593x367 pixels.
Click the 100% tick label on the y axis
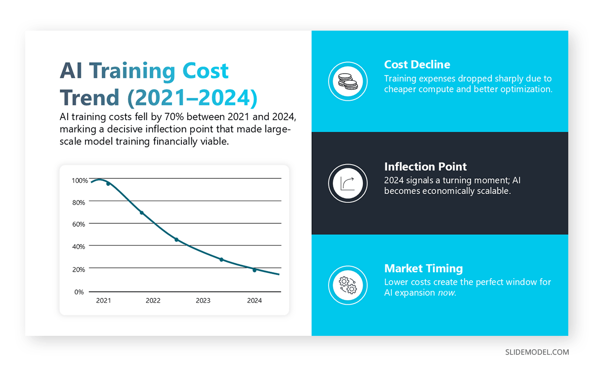tap(80, 180)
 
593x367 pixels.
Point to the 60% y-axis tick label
tap(80, 224)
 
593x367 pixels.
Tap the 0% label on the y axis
tap(80, 291)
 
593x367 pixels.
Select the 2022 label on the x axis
tap(153, 300)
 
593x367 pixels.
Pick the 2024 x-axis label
tap(254, 300)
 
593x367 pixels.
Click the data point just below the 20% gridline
tap(254, 270)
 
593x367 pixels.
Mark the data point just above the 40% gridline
tap(176, 240)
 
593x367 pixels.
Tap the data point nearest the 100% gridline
tap(108, 184)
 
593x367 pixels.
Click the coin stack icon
tap(347, 82)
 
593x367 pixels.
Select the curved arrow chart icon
tap(347, 183)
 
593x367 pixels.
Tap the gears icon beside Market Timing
tap(347, 285)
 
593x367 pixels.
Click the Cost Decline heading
tap(417, 65)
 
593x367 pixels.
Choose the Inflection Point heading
tap(425, 166)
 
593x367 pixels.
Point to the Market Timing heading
tap(424, 268)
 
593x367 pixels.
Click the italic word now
tap(447, 292)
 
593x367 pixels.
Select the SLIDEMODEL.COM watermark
tap(537, 352)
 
